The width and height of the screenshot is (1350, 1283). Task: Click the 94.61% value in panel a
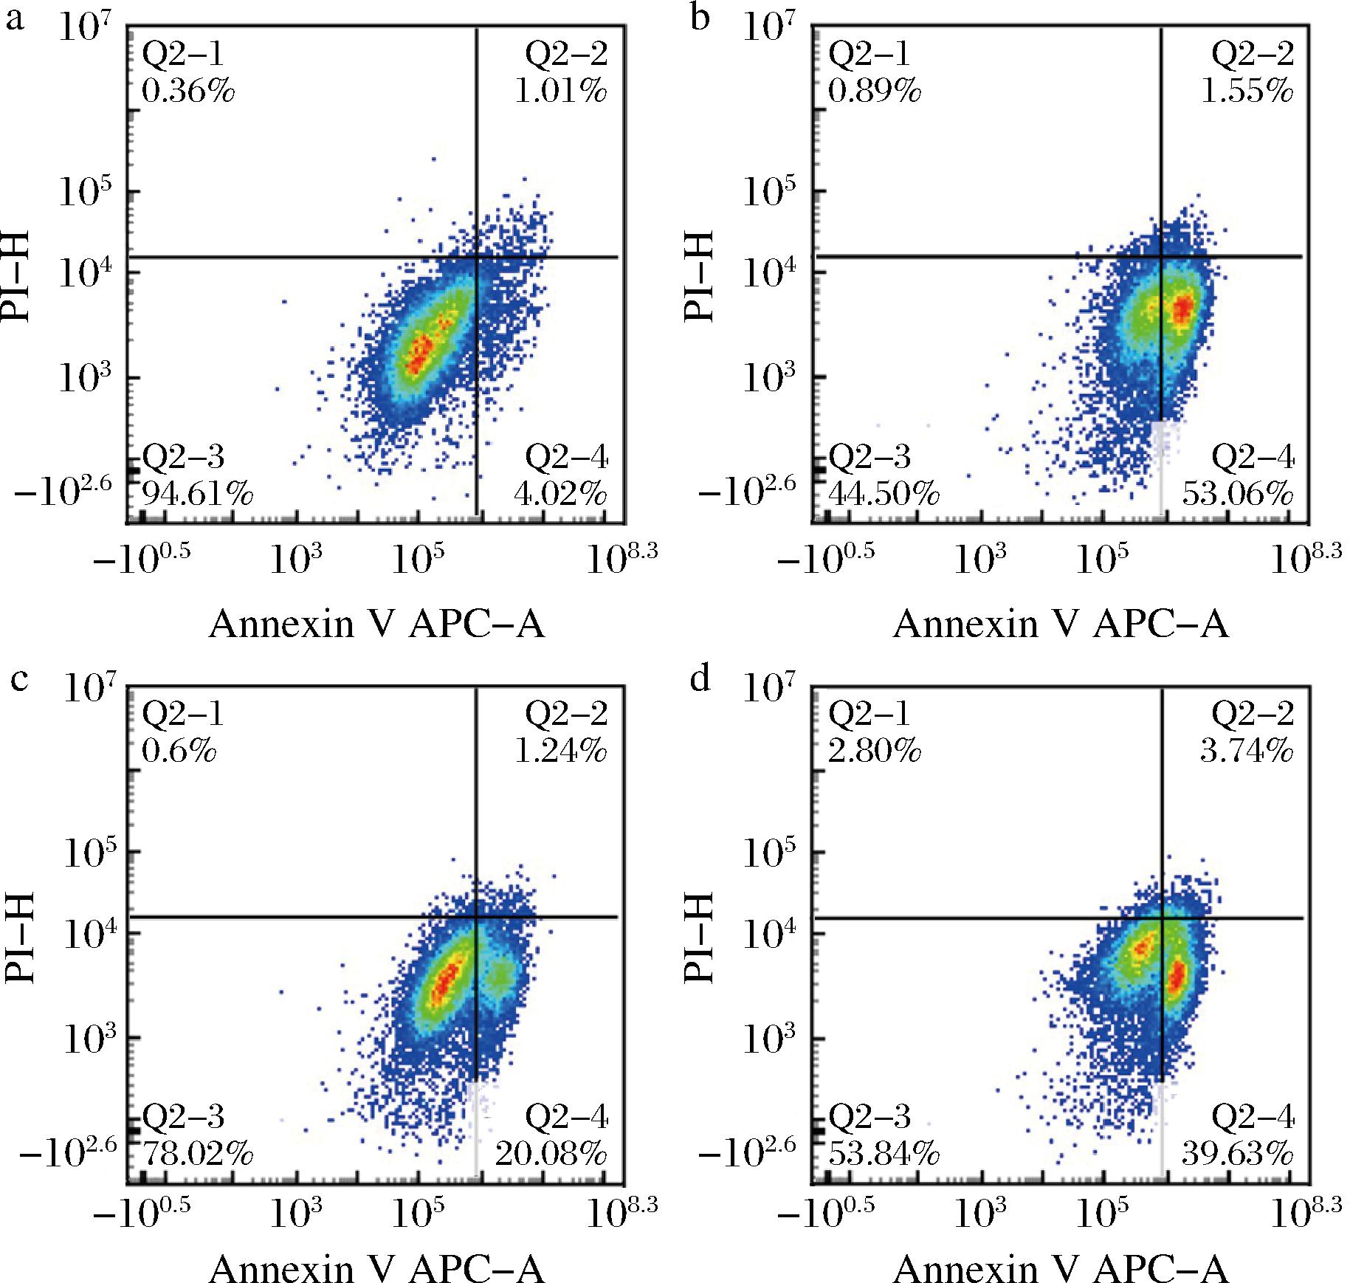point(197,494)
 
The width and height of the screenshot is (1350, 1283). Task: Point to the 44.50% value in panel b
point(884,494)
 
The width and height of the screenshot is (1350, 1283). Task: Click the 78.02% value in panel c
point(197,1154)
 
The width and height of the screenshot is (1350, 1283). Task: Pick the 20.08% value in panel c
point(551,1154)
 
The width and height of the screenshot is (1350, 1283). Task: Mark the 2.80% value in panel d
point(875,751)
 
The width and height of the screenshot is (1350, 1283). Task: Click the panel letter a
point(15,18)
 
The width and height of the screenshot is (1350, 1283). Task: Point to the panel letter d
point(700,678)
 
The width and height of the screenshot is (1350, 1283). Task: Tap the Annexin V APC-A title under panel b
point(1061,625)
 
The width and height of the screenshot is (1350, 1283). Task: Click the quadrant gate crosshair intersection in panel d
point(1163,918)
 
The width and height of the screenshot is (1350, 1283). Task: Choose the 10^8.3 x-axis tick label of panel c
point(621,1215)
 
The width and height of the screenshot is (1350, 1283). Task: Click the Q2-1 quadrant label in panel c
point(182,714)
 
